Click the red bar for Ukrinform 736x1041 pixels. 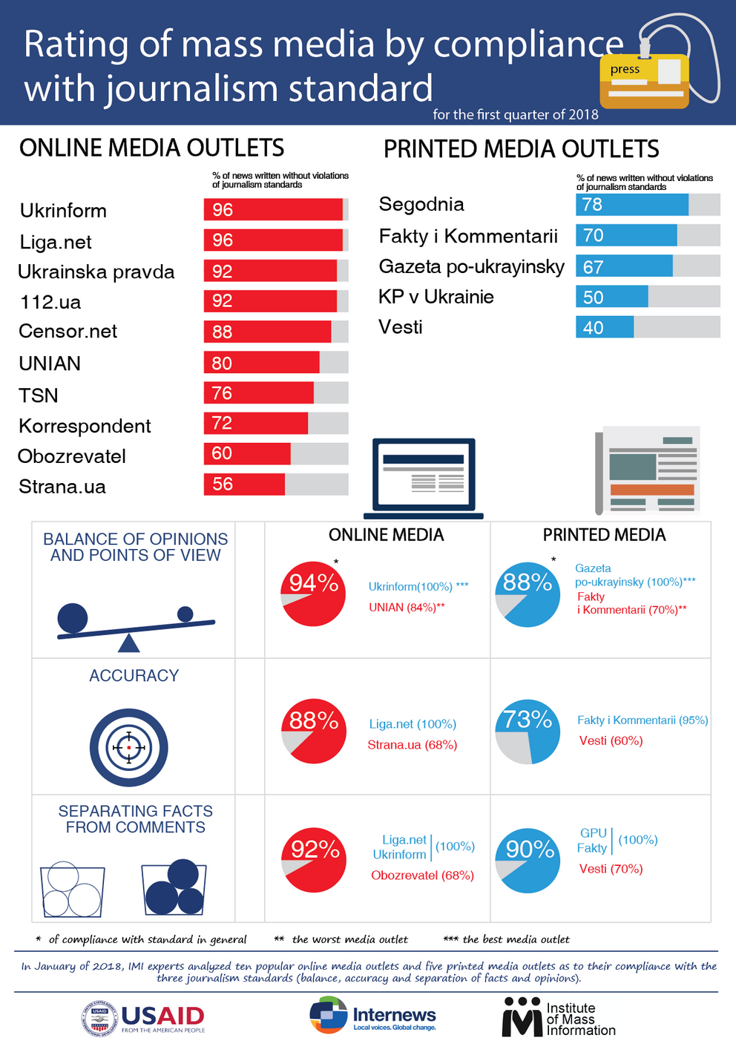[x=273, y=210]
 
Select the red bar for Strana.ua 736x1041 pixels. [x=244, y=485]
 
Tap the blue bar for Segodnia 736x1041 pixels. [x=632, y=205]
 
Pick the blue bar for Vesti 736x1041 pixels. [x=605, y=327]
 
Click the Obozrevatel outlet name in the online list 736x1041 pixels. [x=72, y=456]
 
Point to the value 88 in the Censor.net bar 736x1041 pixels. [x=222, y=332]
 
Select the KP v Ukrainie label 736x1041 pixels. [x=436, y=297]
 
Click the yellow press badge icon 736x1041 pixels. [x=644, y=81]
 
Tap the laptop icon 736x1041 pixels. [x=424, y=478]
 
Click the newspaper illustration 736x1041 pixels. [x=648, y=470]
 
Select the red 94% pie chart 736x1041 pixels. [x=313, y=594]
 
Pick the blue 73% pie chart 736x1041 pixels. [x=528, y=732]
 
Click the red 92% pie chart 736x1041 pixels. [x=314, y=860]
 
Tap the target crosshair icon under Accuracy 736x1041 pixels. [x=129, y=747]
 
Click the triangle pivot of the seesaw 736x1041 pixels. [x=129, y=642]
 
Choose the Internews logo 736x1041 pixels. [x=372, y=1016]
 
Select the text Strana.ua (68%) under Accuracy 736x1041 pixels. [x=412, y=745]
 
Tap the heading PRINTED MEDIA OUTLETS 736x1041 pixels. [x=521, y=149]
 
